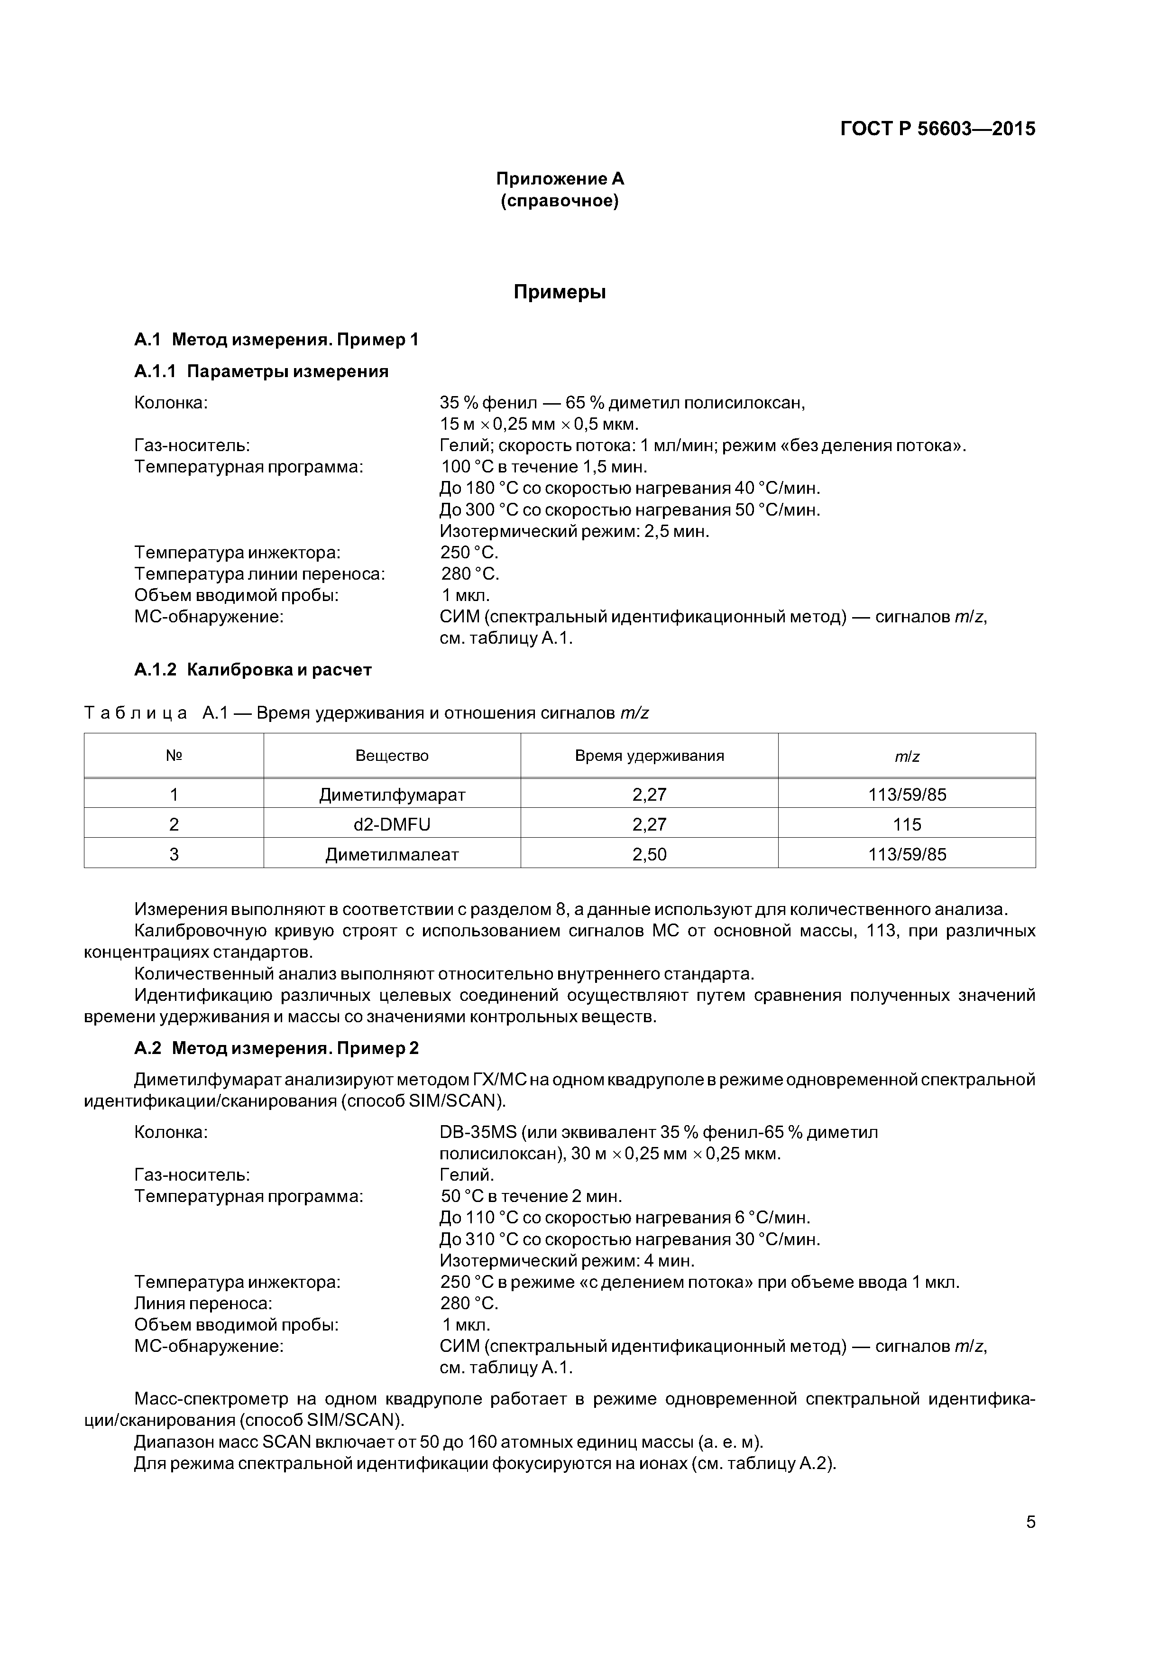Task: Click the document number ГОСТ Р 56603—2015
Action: coord(937,129)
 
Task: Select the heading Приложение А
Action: coord(560,179)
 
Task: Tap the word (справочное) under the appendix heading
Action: coord(560,201)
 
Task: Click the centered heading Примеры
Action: coord(560,292)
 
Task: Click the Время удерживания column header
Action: coord(649,756)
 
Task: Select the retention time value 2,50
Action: coord(649,854)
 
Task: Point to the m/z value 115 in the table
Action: coord(907,825)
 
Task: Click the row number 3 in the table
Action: coord(174,854)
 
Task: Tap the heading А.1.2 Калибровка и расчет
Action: coord(252,670)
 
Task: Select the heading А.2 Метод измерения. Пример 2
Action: coord(276,1049)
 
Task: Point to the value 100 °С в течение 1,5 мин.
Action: coord(543,467)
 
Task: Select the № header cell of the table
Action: coord(174,756)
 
